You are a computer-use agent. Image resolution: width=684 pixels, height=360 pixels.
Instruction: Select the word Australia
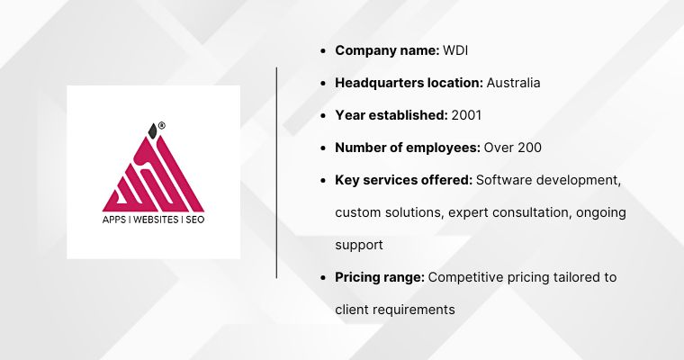(x=513, y=83)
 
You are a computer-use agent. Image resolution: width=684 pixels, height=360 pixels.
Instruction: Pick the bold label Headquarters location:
(x=409, y=83)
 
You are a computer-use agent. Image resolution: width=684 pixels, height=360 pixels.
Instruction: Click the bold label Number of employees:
(x=408, y=148)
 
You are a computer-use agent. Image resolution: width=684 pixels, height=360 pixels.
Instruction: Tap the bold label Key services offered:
(x=403, y=180)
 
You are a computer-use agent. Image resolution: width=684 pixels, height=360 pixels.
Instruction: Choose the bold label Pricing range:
(x=380, y=277)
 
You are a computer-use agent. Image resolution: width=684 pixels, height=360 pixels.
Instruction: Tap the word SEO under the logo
(x=194, y=219)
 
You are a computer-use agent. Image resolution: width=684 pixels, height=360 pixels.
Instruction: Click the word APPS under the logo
(x=117, y=219)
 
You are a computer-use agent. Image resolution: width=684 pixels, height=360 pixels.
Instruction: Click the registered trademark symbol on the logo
(x=162, y=125)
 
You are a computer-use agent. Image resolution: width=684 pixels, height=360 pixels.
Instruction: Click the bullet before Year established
(x=323, y=116)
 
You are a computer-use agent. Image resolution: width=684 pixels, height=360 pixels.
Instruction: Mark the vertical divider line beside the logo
(x=277, y=171)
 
